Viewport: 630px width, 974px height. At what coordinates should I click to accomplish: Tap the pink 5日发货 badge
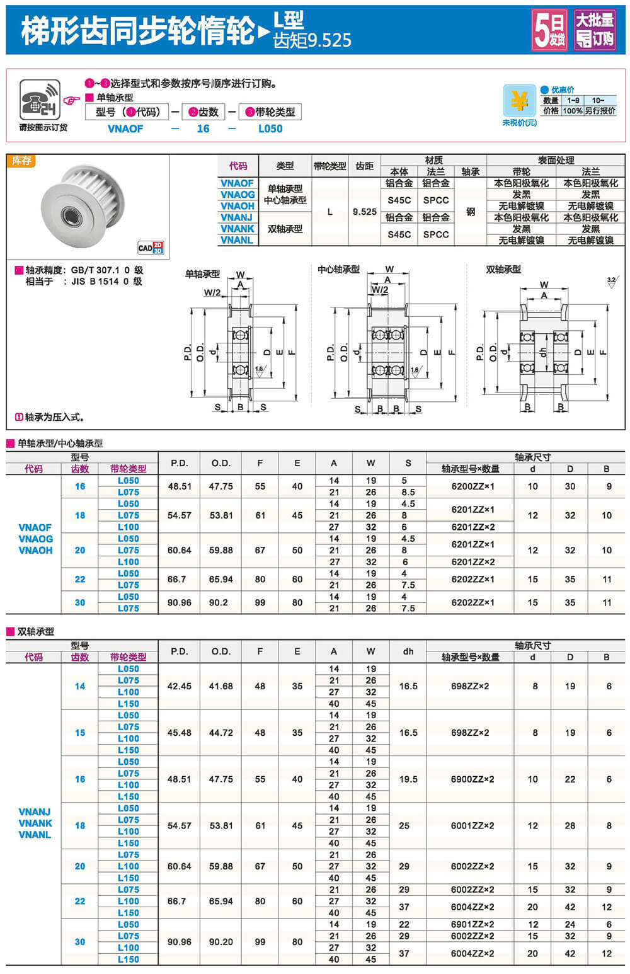click(x=549, y=30)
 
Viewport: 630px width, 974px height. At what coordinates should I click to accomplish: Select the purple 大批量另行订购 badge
click(x=594, y=30)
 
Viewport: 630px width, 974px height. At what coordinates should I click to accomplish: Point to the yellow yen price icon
click(x=519, y=101)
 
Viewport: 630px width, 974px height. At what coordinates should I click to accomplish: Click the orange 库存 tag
click(x=21, y=161)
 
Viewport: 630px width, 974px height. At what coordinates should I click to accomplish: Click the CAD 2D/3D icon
click(x=151, y=248)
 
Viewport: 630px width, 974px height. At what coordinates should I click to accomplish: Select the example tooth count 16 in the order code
click(x=203, y=129)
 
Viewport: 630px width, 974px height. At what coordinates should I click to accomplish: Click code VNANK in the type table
click(x=238, y=229)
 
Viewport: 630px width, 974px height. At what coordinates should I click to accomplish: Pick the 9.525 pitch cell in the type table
click(x=364, y=212)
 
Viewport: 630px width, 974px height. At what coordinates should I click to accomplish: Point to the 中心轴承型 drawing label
click(x=338, y=270)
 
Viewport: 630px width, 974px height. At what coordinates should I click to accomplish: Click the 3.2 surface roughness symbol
click(x=611, y=282)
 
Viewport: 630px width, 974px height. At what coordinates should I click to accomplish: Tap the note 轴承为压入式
click(x=50, y=417)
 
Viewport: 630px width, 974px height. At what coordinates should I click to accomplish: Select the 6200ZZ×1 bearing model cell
click(x=472, y=486)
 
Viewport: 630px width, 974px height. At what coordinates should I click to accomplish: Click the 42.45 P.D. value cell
click(x=180, y=686)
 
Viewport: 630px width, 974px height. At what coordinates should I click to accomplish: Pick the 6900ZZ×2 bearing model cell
click(x=472, y=779)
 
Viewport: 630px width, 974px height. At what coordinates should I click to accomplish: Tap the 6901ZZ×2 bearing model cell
click(x=472, y=924)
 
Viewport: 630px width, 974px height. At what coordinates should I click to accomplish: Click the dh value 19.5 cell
click(x=408, y=779)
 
